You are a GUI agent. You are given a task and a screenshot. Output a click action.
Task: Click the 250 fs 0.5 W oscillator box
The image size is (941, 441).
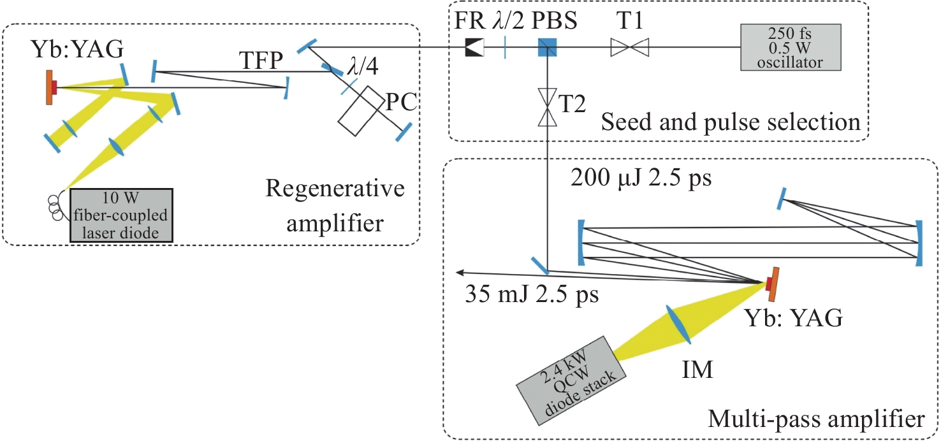click(x=791, y=47)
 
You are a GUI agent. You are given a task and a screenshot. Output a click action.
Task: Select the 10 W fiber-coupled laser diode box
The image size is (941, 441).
click(x=121, y=215)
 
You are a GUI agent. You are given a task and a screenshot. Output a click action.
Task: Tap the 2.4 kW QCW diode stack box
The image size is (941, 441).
click(x=571, y=380)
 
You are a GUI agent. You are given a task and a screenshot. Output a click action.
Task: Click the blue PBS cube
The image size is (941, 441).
click(x=548, y=47)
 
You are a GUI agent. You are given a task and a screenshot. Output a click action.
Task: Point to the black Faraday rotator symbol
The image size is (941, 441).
click(x=474, y=47)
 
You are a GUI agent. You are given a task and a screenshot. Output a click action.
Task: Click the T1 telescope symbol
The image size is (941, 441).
click(x=630, y=47)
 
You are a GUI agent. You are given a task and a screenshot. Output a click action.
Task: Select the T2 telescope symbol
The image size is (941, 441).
click(x=548, y=107)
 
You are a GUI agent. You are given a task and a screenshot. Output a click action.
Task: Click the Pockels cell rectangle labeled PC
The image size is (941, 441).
click(x=361, y=111)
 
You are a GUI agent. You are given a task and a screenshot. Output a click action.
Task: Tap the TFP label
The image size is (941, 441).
click(x=261, y=61)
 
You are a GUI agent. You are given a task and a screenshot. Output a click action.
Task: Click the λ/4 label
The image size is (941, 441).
click(x=363, y=66)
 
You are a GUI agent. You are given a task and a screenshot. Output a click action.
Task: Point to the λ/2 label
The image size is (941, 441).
click(x=508, y=20)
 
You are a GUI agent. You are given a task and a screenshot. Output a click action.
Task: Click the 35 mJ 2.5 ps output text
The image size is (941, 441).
click(x=532, y=294)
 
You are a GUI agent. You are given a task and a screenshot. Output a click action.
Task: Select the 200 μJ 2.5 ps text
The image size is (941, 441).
click(x=641, y=178)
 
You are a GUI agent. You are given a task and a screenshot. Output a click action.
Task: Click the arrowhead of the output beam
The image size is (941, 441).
click(x=460, y=273)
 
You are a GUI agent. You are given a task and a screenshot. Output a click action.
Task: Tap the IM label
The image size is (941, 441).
click(x=697, y=370)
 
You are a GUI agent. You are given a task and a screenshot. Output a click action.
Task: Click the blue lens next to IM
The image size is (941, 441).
click(x=678, y=324)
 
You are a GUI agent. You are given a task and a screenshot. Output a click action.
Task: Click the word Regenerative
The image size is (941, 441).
click(x=335, y=189)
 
